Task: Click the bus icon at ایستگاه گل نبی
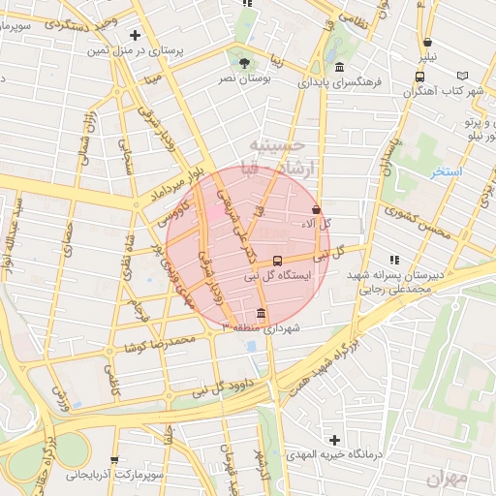(x=278, y=261)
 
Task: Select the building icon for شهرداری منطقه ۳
(x=261, y=313)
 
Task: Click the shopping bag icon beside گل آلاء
(x=316, y=209)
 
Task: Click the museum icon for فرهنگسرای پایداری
(x=339, y=67)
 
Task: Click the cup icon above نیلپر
(x=427, y=42)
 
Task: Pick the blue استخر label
(x=448, y=171)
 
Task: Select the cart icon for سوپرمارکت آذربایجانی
(x=115, y=460)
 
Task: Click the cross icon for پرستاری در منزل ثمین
(x=135, y=35)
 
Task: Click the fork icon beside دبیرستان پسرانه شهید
(x=392, y=260)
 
